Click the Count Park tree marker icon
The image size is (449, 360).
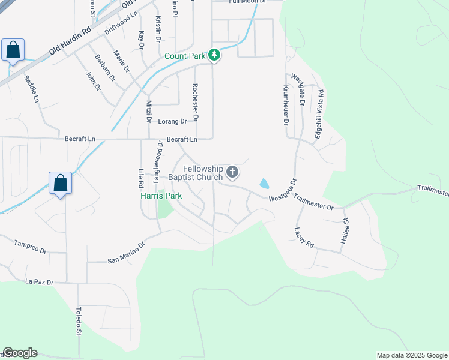point(214,56)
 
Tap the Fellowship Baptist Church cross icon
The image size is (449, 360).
point(232,173)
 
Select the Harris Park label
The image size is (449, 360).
point(161,196)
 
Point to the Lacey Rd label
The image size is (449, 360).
point(304,238)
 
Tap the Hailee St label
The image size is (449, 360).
point(346,229)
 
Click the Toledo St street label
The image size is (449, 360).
point(79,320)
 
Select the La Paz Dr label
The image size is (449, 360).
point(40,281)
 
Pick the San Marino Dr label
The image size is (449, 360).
point(126,253)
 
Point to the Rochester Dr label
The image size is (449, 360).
point(195,98)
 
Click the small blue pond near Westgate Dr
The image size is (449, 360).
point(264,183)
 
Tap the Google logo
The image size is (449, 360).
point(20,353)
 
